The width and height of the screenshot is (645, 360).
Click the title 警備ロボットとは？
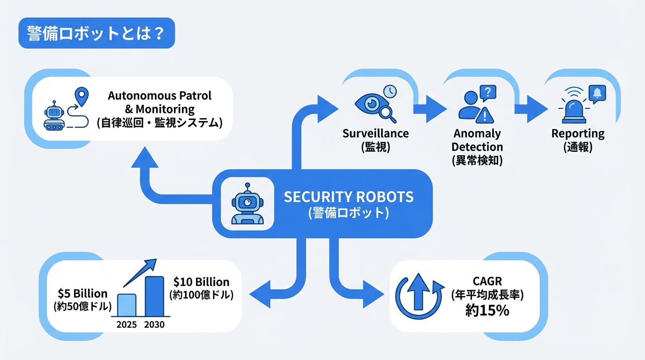pos(96,33)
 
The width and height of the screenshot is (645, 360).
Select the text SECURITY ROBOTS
pos(349,196)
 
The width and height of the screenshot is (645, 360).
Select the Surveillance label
pos(375,134)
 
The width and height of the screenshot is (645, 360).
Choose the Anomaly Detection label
pos(477,141)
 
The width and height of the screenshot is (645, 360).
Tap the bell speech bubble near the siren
pos(597,94)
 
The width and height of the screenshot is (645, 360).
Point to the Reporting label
pos(577,134)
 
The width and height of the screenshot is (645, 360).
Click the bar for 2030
pos(155,296)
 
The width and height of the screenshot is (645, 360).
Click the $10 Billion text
pos(201,282)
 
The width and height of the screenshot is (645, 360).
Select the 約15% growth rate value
pos(487,310)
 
